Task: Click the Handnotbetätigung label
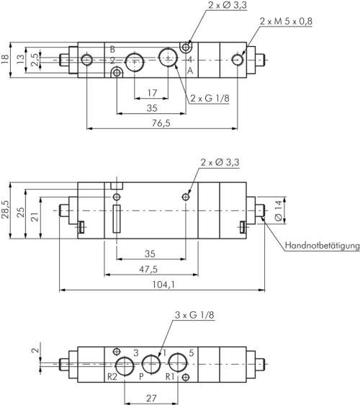point(321,246)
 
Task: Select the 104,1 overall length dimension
point(163,285)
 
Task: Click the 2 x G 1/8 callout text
point(210,99)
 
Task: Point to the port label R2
point(112,375)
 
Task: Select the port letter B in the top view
point(112,49)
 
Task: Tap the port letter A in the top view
point(189,71)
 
